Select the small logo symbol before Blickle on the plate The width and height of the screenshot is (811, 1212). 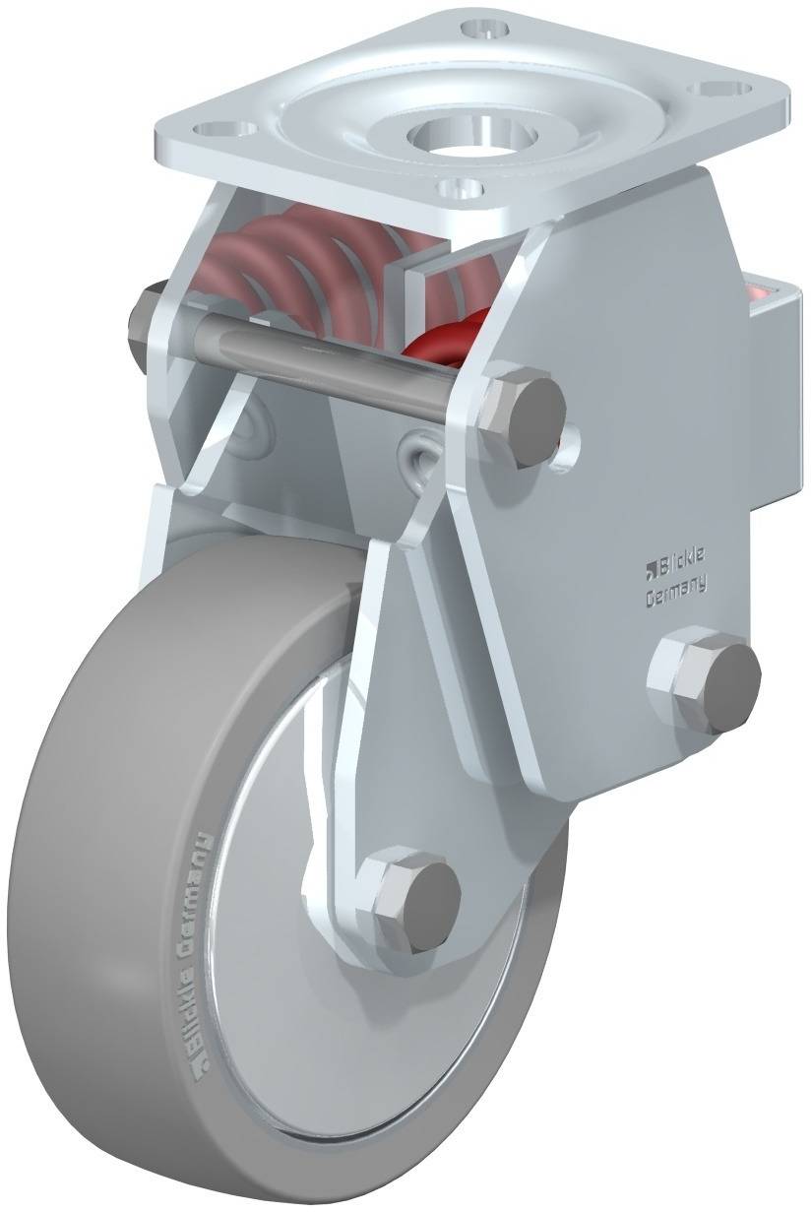[650, 568]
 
